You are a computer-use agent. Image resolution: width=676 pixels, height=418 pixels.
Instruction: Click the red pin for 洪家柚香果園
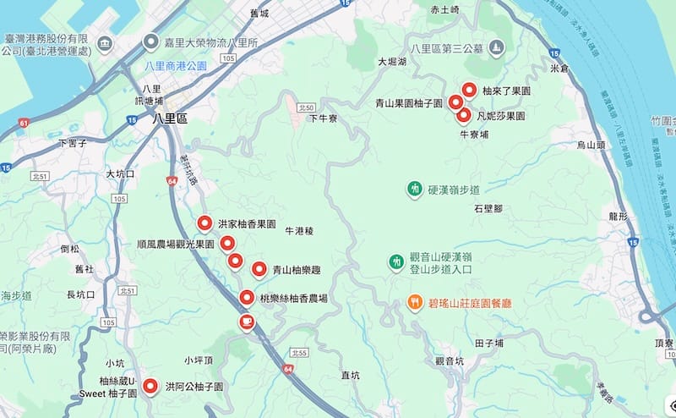point(204,224)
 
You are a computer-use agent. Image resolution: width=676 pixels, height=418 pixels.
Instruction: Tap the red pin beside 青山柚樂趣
point(259,270)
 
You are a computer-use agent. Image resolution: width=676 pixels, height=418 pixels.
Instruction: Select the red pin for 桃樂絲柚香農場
point(246,298)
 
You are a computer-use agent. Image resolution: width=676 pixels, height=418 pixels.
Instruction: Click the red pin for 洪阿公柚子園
point(151,386)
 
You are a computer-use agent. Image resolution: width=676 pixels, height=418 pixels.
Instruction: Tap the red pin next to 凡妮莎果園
point(463,114)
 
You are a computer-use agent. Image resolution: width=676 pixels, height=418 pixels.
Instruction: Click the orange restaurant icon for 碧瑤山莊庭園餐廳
point(415,301)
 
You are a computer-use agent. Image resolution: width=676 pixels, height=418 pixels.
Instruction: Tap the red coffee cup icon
point(246,322)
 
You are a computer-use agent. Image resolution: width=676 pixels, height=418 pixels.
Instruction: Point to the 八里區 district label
point(167,119)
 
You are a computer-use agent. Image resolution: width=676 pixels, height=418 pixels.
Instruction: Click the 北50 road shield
point(306,107)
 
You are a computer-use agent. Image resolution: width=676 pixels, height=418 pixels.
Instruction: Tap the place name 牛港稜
point(299,230)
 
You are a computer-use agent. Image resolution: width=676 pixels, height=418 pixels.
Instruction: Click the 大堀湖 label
point(393,62)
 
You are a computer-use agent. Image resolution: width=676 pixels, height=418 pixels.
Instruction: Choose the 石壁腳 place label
point(488,207)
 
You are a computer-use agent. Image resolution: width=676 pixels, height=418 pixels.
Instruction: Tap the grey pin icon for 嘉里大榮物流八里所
point(151,41)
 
